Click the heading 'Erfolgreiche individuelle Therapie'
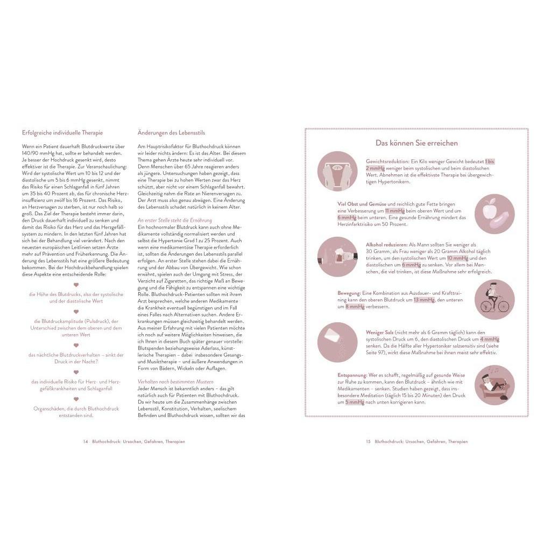pos(62,132)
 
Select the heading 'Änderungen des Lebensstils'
pos(171,132)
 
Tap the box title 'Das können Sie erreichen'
pos(416,143)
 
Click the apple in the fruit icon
pos(489,211)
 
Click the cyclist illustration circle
pos(495,300)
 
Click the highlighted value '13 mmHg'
pos(423,300)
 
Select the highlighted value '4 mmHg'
pos(489,340)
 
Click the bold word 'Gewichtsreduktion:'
pos(387,161)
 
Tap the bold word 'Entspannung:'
pos(352,375)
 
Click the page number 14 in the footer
pos(85,441)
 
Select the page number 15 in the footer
pos(368,441)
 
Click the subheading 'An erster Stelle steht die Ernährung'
pos(175,220)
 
